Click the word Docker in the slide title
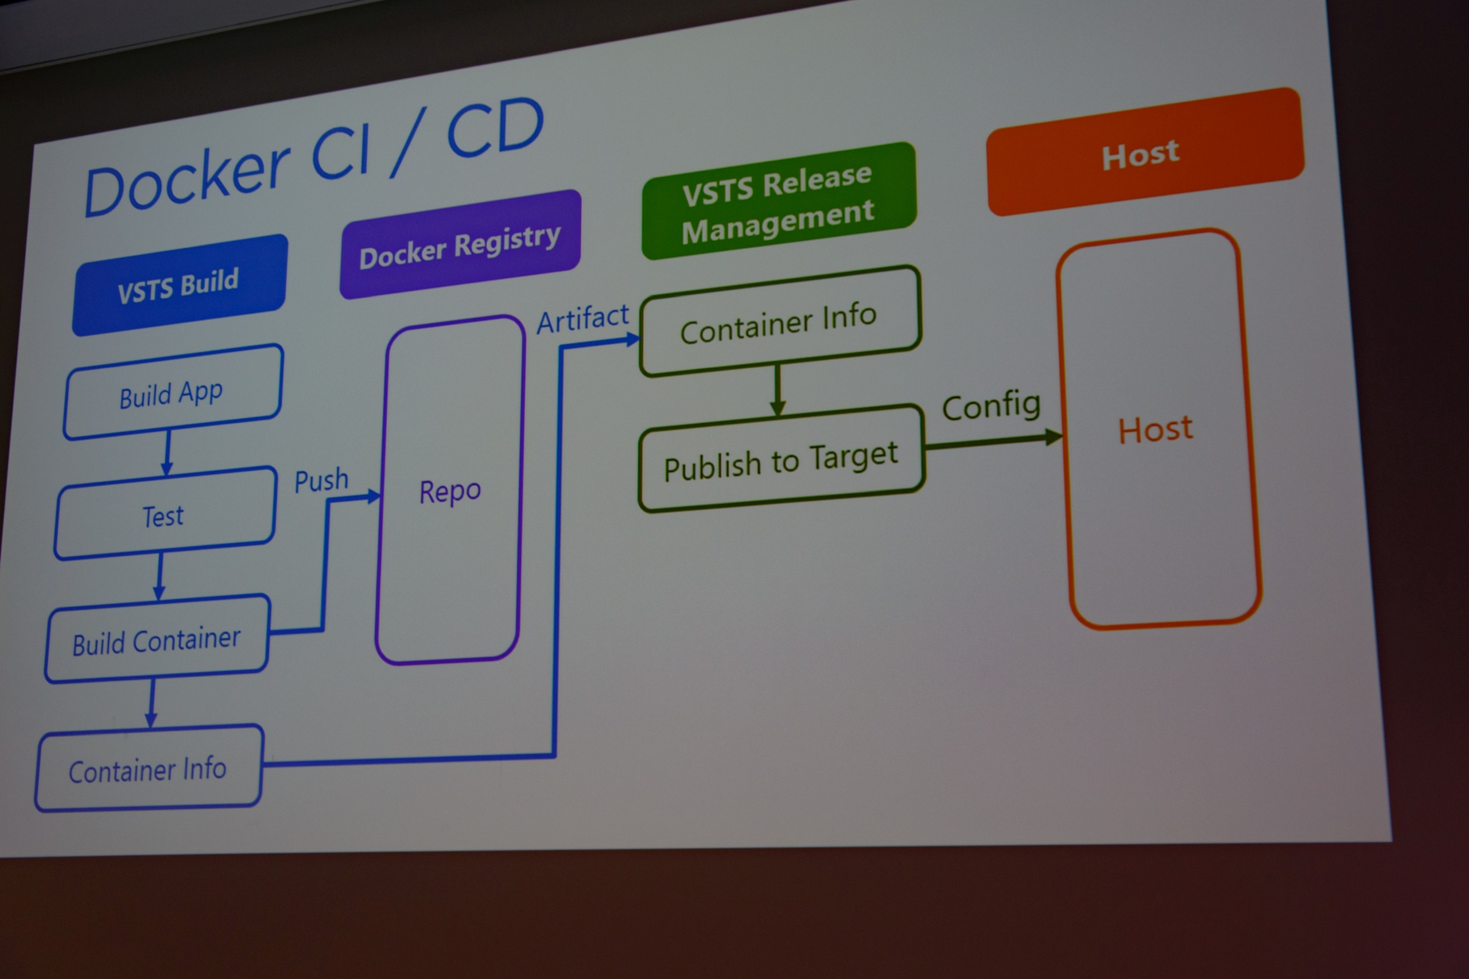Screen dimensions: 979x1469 click(188, 181)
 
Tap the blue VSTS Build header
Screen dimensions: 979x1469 click(179, 286)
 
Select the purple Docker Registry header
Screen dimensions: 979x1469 click(460, 245)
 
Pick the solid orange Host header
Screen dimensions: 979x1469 click(1143, 153)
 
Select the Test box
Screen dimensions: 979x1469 click(164, 515)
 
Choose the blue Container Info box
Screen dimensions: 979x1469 click(148, 770)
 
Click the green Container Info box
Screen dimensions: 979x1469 click(779, 322)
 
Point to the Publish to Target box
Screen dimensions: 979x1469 click(781, 461)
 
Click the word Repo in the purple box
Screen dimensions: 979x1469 click(450, 492)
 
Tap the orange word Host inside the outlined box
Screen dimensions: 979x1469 click(1156, 430)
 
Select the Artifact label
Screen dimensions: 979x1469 click(583, 319)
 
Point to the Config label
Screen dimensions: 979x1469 click(991, 406)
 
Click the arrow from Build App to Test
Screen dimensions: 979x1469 click(168, 453)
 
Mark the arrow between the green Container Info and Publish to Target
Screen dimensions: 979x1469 click(778, 390)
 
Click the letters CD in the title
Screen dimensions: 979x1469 click(495, 128)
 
